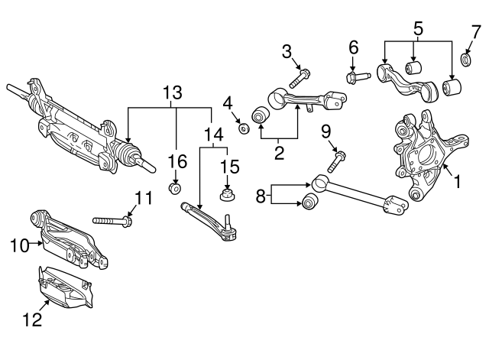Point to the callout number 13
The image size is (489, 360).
point(173,92)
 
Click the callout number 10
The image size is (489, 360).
point(18,245)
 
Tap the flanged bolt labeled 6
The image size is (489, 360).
point(358,76)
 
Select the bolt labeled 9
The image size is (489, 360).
point(337,161)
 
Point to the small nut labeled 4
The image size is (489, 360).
point(244,128)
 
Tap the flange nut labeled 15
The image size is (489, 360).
point(227,197)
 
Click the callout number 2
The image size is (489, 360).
point(279,153)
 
